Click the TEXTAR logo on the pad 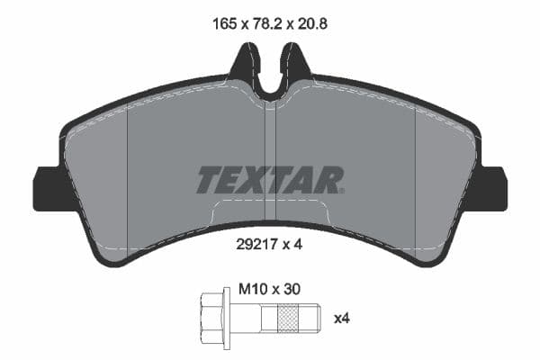click(270, 180)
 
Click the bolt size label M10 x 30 click(266, 290)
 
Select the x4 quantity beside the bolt click(342, 318)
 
